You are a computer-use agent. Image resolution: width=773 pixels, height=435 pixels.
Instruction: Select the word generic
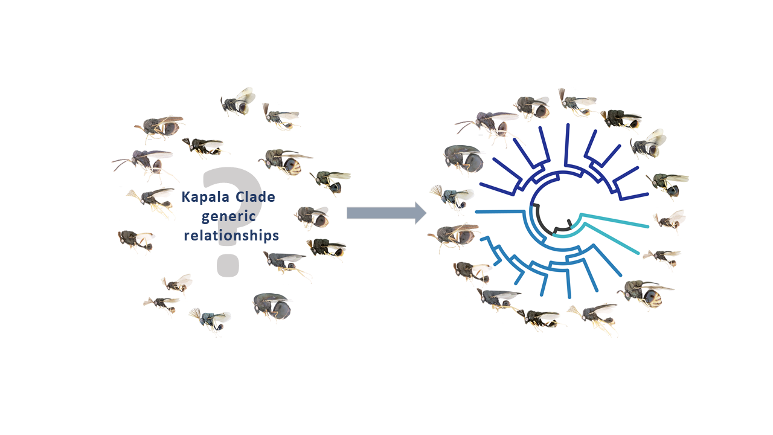tap(229, 216)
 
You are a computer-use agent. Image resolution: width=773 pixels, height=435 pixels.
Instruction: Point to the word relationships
tap(231, 235)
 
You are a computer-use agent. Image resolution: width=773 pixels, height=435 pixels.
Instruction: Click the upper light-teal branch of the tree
tap(616, 220)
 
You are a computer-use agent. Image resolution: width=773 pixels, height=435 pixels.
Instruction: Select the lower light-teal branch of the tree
tap(610, 239)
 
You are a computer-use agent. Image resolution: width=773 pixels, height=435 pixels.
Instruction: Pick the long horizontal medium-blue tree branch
tap(501, 211)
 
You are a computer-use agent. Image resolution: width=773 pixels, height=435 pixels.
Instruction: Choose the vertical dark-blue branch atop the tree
tap(568, 145)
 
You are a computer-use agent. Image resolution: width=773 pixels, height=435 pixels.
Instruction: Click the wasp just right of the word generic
tap(312, 216)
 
